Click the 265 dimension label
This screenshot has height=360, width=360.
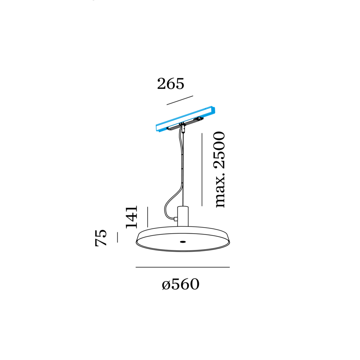click(170, 84)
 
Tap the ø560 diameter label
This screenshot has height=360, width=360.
click(180, 284)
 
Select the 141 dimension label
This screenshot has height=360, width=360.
click(132, 217)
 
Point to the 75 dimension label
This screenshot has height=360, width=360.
click(101, 238)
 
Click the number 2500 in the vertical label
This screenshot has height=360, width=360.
click(220, 150)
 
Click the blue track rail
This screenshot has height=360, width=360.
click(186, 119)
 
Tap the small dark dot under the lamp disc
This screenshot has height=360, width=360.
click(183, 242)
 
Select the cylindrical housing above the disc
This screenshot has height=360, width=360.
click(183, 216)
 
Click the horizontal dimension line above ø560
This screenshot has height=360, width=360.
click(183, 267)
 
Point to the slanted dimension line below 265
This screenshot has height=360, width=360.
click(180, 100)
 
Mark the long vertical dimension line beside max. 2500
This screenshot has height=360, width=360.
click(202, 170)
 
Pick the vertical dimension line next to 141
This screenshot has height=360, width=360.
click(148, 217)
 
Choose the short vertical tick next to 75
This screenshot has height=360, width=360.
click(117, 237)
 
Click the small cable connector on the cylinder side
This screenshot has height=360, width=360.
click(176, 219)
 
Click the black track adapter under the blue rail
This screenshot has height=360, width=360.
click(185, 124)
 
